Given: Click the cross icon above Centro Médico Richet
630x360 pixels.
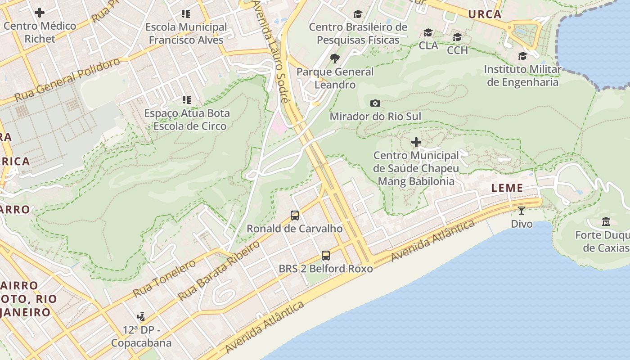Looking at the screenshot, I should (x=40, y=13).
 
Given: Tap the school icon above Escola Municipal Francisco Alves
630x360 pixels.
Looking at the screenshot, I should (x=186, y=14).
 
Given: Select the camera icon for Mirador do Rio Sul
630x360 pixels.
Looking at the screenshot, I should (x=375, y=103).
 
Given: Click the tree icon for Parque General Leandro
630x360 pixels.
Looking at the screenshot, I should (x=334, y=58).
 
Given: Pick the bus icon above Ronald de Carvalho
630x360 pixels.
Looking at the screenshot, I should (x=295, y=216).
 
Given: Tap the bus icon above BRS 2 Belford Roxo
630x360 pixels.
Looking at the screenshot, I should (x=326, y=256).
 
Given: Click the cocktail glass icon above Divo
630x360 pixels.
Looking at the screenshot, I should (x=522, y=210).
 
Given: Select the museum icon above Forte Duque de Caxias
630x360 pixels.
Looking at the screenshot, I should (x=606, y=222).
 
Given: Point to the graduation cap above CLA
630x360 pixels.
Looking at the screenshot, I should (x=428, y=32).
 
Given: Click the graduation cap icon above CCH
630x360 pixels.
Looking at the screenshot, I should (x=457, y=37).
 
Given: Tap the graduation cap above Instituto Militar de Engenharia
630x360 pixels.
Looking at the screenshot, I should (x=522, y=56).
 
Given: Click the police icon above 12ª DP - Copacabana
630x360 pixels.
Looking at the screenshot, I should (x=141, y=317).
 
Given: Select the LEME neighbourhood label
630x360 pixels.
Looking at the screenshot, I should (x=507, y=188).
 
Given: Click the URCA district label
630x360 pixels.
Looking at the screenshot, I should (x=485, y=14).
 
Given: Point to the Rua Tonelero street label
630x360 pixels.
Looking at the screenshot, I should (x=164, y=278).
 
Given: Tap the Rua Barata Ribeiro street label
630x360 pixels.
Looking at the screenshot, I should (x=219, y=271).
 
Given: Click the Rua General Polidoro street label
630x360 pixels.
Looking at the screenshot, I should (x=67, y=80).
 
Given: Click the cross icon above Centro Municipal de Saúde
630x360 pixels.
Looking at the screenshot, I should (x=416, y=143).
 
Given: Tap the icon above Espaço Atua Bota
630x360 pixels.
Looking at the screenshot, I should (x=186, y=100).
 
